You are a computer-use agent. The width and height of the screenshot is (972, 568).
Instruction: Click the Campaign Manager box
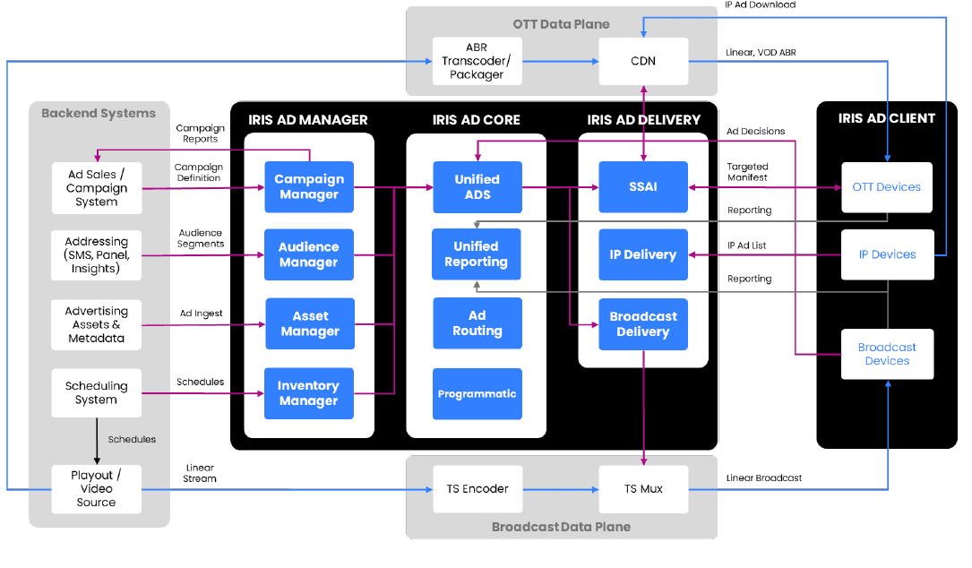(309, 187)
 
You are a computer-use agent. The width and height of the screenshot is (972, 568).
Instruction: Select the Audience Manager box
(309, 255)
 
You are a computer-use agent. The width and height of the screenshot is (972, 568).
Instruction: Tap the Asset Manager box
(310, 323)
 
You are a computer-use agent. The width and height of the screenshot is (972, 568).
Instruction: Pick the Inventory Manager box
(309, 393)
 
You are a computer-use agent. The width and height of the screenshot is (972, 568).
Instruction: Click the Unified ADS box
(477, 187)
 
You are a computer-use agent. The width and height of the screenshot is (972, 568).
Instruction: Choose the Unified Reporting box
(476, 254)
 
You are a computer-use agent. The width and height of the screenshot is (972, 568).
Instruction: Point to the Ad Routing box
(477, 323)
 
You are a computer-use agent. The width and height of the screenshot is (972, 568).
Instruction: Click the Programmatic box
(477, 394)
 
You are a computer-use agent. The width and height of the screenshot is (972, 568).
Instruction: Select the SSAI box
(643, 187)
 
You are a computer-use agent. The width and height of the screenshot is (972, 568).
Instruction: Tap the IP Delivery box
(643, 254)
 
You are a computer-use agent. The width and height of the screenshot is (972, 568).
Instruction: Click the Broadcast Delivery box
(643, 323)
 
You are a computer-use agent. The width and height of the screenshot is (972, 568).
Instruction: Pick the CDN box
(643, 61)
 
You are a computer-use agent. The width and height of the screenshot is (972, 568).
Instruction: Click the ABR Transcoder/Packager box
(477, 61)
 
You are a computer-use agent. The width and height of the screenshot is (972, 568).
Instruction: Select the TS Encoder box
(477, 489)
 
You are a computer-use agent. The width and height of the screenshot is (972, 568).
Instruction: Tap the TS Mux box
(643, 489)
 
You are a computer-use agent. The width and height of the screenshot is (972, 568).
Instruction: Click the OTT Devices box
(887, 187)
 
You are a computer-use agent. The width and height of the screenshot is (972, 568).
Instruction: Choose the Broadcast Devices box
(887, 354)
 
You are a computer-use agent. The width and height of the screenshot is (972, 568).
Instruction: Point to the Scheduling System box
(97, 393)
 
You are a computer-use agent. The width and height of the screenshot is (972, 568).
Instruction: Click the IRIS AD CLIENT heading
(886, 118)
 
